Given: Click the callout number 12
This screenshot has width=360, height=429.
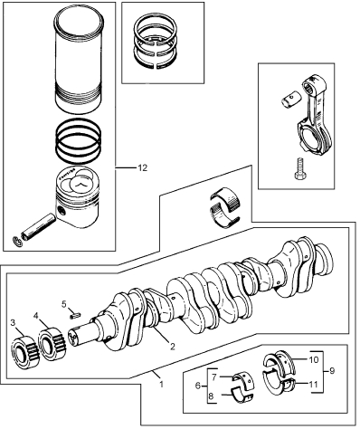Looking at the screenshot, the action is (142, 168).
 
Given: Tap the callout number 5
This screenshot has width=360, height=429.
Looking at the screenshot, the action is (63, 304).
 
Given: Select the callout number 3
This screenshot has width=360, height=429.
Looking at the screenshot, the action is (13, 323).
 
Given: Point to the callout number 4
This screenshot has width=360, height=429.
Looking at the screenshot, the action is (36, 316).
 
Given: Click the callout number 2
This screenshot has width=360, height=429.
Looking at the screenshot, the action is (173, 347).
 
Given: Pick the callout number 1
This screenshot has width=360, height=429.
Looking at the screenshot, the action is (161, 384).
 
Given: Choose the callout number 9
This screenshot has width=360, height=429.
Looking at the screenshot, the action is (332, 370).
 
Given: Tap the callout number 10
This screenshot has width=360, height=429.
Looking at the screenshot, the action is (314, 359).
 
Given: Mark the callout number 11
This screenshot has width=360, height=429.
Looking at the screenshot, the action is (314, 385).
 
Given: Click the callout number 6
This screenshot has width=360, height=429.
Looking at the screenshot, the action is (198, 386).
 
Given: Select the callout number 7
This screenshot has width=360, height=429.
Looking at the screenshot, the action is (213, 377).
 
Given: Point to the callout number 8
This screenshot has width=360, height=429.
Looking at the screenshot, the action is (211, 396).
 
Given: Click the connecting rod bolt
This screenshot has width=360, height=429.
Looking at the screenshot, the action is (298, 168).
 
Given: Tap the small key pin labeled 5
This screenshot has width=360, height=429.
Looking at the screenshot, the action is (75, 315).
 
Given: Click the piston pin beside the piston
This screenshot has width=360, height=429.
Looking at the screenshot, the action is (38, 226).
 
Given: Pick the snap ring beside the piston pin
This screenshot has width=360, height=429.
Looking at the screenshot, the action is (17, 241).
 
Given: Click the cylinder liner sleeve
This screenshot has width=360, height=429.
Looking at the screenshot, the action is (78, 60).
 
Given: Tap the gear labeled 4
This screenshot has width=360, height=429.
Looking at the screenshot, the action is (52, 344).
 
